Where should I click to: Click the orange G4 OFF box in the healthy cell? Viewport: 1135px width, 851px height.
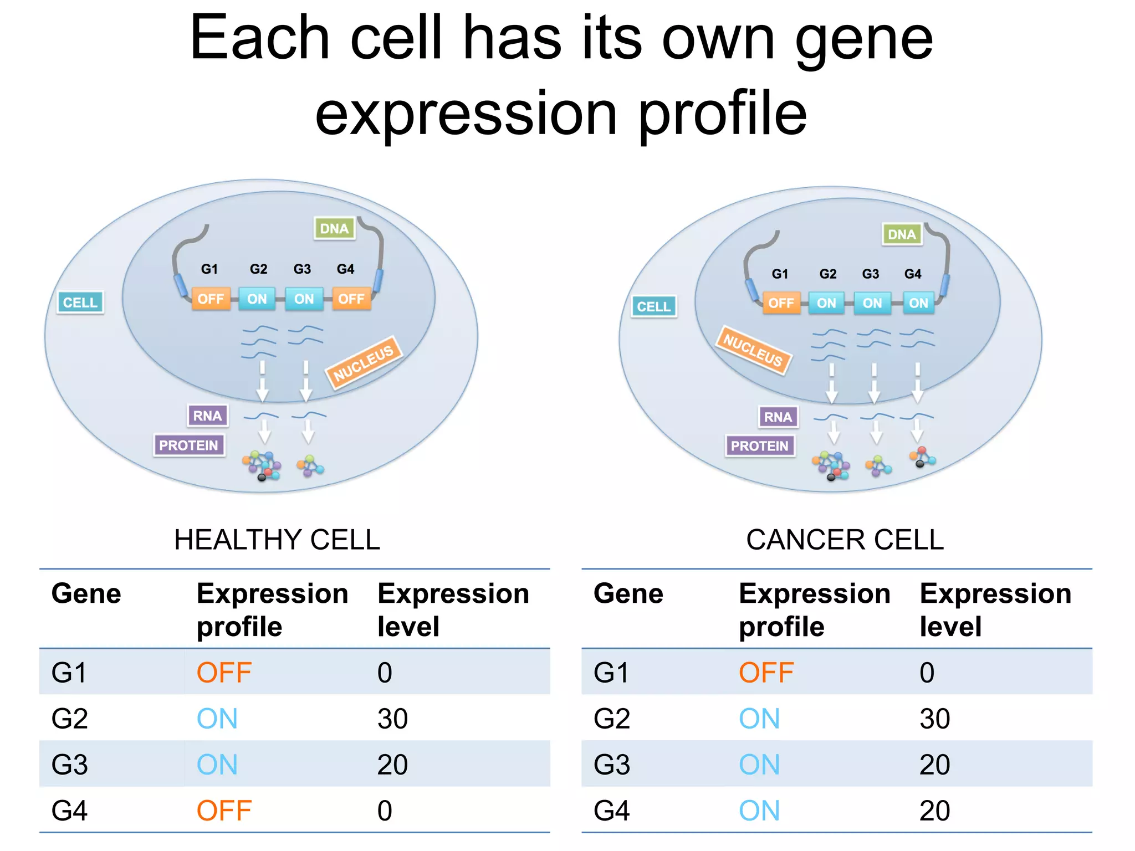click(351, 299)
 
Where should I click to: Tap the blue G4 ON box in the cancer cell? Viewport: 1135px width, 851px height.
click(918, 303)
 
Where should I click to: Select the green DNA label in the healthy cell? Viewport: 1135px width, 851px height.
click(334, 228)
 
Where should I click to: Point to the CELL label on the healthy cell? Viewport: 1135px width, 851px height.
click(80, 303)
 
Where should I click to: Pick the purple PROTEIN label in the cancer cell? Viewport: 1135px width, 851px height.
click(759, 446)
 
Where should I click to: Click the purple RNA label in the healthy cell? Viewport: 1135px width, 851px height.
click(207, 416)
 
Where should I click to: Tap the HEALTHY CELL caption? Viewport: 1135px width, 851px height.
click(277, 540)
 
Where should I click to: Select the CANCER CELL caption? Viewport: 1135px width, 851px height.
click(845, 540)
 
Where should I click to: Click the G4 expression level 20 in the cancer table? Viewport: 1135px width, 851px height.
click(934, 811)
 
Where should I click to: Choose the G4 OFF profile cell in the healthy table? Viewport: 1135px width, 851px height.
click(224, 811)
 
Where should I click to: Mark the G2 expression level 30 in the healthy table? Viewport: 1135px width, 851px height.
click(392, 719)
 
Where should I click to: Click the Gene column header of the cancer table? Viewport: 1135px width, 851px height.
click(628, 594)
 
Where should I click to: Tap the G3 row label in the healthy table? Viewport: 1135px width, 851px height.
click(70, 765)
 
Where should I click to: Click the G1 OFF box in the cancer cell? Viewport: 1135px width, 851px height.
click(781, 303)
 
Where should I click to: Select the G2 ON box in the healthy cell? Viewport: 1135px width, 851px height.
click(257, 299)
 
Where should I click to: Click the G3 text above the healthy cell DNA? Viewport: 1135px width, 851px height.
click(302, 269)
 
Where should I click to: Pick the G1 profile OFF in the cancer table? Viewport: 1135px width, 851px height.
click(766, 673)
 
